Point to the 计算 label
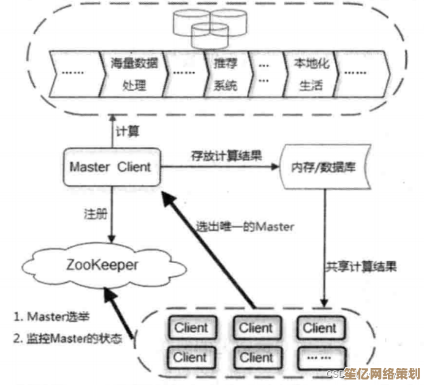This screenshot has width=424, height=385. click(127, 131)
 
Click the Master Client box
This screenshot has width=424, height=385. click(110, 166)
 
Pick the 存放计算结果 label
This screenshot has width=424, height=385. click(225, 155)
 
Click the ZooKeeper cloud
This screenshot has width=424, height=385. click(105, 265)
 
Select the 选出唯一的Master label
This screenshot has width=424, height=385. click(245, 226)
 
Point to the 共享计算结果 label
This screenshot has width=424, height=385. click(362, 267)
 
